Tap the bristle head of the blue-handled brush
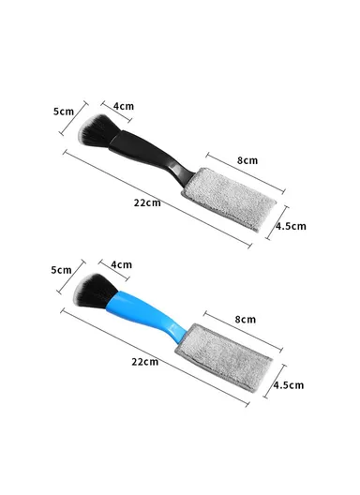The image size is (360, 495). click(x=95, y=290)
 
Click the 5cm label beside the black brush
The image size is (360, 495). click(x=64, y=111)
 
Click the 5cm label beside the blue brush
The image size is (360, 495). click(x=61, y=270)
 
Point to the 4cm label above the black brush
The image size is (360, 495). click(x=123, y=106)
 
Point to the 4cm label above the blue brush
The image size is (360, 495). click(x=120, y=265)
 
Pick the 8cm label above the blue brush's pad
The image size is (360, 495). click(x=246, y=320)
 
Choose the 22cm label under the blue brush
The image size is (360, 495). click(x=144, y=362)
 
